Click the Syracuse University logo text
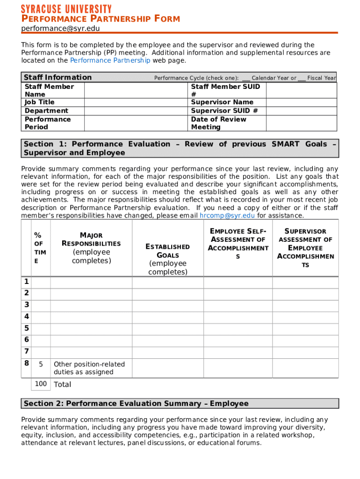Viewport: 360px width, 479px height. [66, 9]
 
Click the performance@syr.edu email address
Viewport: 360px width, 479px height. [60, 29]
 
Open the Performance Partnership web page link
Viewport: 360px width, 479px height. [110, 60]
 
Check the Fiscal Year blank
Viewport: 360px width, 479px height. [302, 78]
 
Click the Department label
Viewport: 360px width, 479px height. [46, 111]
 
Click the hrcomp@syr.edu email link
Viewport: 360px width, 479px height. [227, 216]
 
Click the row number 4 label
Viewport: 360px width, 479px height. [27, 316]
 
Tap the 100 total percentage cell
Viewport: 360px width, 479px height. [41, 384]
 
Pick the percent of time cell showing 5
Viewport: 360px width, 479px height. [41, 364]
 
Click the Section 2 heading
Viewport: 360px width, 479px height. [136, 404]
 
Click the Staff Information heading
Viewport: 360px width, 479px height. [58, 78]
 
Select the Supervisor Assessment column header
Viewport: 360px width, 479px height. [305, 248]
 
